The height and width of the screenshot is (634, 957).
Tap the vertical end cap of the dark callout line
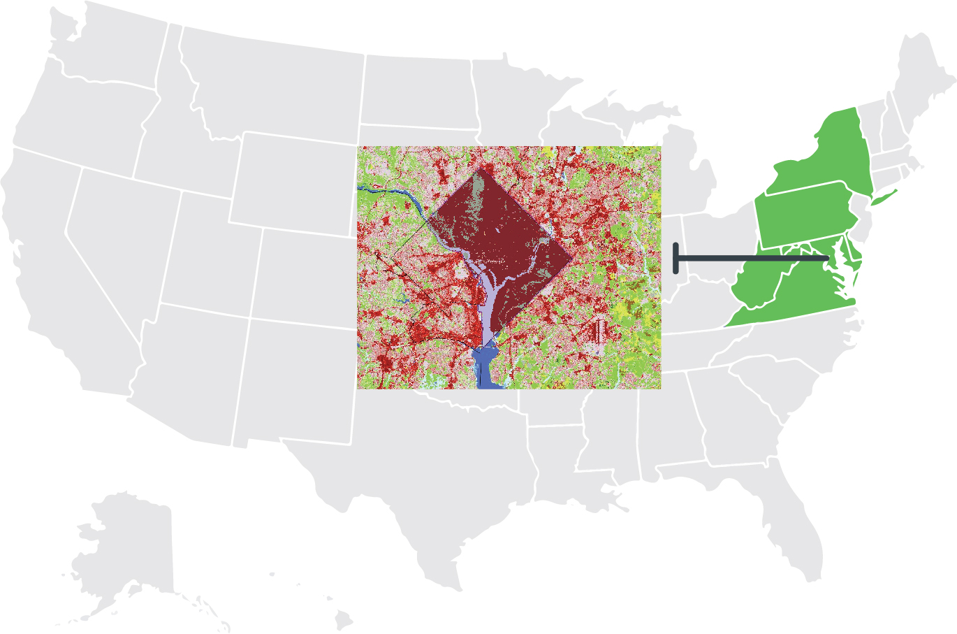click(675, 258)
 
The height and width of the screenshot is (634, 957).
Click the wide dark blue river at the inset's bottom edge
click(488, 370)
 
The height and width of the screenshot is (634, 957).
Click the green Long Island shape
click(882, 198)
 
